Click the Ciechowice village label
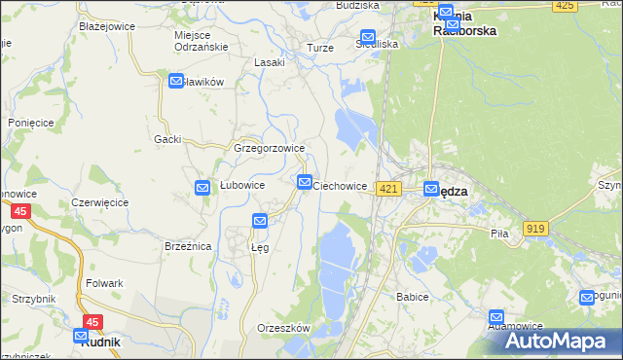pyautogui.click(x=340, y=186)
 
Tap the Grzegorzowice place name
pyautogui.click(x=270, y=149)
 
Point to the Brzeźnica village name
pyautogui.click(x=188, y=247)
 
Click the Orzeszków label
pyautogui.click(x=283, y=328)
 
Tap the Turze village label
pyautogui.click(x=320, y=48)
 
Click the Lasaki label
pyautogui.click(x=270, y=62)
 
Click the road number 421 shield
pyautogui.click(x=388, y=188)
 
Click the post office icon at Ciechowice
pyautogui.click(x=305, y=182)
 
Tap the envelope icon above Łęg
pyautogui.click(x=260, y=222)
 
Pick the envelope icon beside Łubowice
pyautogui.click(x=202, y=188)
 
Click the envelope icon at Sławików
pyautogui.click(x=176, y=82)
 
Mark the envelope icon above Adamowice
pyautogui.click(x=497, y=317)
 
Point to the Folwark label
pyautogui.click(x=104, y=283)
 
